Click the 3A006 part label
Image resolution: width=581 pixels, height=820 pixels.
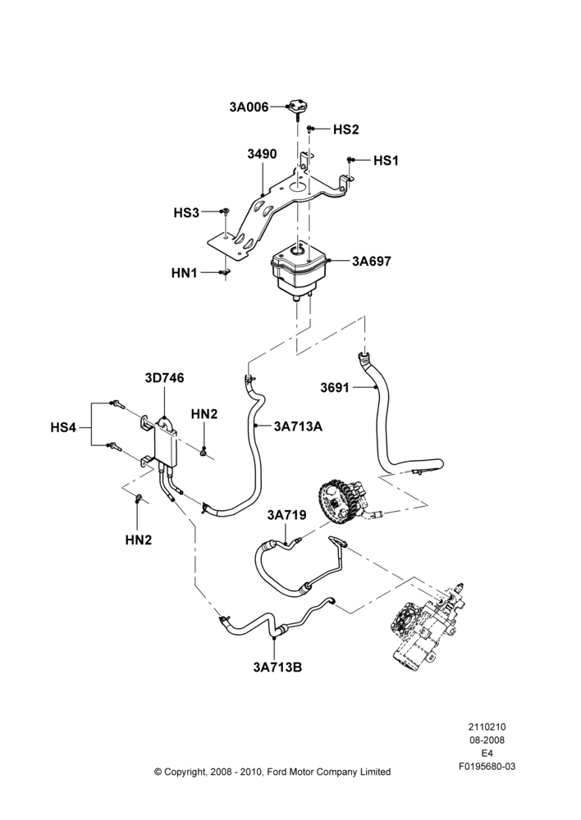(x=249, y=107)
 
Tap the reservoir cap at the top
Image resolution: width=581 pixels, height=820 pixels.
(x=298, y=106)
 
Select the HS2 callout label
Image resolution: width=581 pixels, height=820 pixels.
(x=346, y=130)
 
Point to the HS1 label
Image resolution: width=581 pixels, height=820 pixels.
(x=386, y=161)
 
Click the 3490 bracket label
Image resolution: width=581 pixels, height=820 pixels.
(x=263, y=154)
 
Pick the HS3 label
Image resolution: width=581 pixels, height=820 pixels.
(x=186, y=213)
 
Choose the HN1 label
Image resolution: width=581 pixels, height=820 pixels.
(x=185, y=273)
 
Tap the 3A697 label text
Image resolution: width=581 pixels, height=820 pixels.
(x=371, y=261)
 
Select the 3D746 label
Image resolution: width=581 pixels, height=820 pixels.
(x=164, y=377)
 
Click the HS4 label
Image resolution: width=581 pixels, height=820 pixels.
(x=63, y=428)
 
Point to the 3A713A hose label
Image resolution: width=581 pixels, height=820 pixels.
(x=298, y=426)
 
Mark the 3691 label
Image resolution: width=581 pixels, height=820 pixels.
(x=335, y=388)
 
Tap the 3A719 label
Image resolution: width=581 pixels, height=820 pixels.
(x=287, y=515)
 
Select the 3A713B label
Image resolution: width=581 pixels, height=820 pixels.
(x=277, y=667)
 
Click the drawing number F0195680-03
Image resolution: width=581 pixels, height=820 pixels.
(x=487, y=767)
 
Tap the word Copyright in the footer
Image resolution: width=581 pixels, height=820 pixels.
(x=185, y=772)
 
